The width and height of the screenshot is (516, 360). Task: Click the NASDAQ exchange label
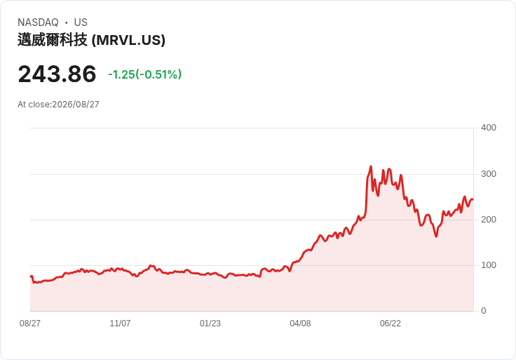38,22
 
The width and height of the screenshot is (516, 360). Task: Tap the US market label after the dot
81,22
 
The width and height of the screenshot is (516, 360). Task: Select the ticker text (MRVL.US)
128,40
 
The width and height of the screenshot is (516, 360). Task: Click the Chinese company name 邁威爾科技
53,40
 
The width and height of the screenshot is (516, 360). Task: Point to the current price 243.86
57,74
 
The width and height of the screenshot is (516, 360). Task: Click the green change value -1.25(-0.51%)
145,74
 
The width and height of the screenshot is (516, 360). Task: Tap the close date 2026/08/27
76,105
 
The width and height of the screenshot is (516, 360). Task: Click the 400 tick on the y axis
489,128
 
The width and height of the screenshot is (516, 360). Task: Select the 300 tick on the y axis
489,174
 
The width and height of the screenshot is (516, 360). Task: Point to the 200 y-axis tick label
489,220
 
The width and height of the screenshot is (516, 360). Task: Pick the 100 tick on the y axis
489,265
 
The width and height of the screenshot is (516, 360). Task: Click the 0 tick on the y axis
484,311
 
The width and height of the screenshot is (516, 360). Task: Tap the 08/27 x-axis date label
30,324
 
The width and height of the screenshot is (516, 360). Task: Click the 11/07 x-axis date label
120,324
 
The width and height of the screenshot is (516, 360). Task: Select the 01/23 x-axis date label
210,324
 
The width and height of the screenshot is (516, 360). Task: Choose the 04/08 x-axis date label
300,324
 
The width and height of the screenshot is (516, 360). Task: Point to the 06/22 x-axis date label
391,324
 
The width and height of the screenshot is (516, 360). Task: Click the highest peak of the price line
371,166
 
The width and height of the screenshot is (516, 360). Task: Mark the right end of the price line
473,199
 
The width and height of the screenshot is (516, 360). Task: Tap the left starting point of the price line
31,276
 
